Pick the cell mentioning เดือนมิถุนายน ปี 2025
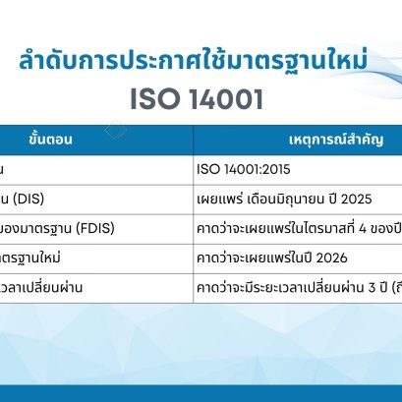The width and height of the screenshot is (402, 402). click(x=281, y=199)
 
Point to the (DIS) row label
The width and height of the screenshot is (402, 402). click(x=29, y=199)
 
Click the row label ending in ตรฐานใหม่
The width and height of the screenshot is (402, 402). click(x=35, y=258)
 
